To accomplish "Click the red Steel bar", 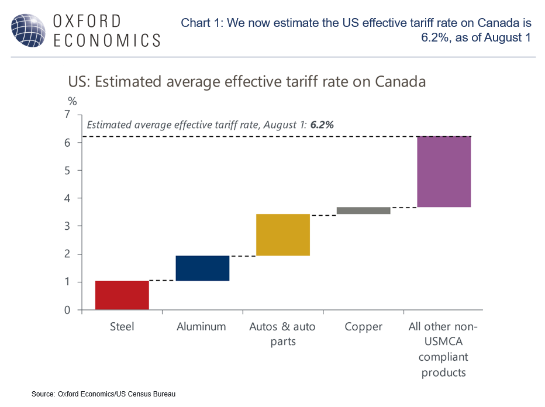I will click(122, 295).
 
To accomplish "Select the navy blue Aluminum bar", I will click(202, 268).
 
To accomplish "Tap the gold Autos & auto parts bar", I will click(282, 234).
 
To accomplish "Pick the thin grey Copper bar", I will click(363, 211).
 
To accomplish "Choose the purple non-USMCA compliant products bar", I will click(444, 171).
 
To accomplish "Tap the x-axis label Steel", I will click(122, 327).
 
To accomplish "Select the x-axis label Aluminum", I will click(201, 327).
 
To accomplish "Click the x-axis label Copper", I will click(363, 327).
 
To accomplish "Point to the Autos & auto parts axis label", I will click(282, 333).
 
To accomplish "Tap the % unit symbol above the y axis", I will click(73, 101).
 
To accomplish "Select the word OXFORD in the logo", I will click(88, 21).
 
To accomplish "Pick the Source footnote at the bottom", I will click(103, 394).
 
